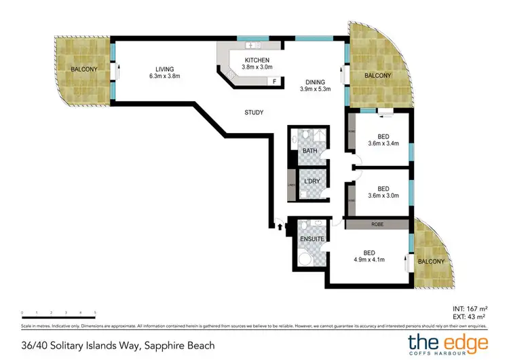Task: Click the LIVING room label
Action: pyautogui.click(x=165, y=69)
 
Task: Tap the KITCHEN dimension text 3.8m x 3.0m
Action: pyautogui.click(x=257, y=67)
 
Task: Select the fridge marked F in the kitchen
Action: pyautogui.click(x=274, y=82)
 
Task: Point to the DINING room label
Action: pyautogui.click(x=315, y=81)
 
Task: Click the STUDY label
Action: pyautogui.click(x=254, y=112)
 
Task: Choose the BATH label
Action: pyautogui.click(x=309, y=150)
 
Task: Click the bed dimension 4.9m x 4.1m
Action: pyautogui.click(x=369, y=259)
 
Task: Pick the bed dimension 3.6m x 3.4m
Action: pyautogui.click(x=383, y=143)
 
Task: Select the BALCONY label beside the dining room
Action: pyautogui.click(x=377, y=75)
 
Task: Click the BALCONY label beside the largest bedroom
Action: pyautogui.click(x=431, y=262)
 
